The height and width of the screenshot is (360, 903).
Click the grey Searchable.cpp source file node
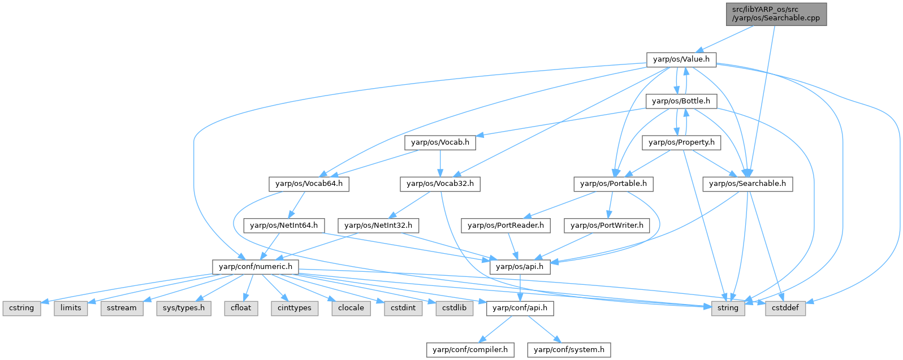[x=776, y=14]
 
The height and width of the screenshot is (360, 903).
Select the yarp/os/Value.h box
[x=681, y=59]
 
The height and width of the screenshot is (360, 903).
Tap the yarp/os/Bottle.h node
[x=681, y=101]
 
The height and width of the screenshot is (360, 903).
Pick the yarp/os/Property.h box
[x=681, y=142]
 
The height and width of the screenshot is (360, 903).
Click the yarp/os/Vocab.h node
[x=440, y=142]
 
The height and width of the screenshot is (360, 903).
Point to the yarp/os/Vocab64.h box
[x=309, y=184]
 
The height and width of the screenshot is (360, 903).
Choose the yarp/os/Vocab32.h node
[x=440, y=184]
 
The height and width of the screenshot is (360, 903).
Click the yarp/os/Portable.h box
[x=613, y=184]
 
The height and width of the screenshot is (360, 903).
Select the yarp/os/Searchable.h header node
[x=747, y=184]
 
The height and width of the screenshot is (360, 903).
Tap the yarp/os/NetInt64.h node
[x=284, y=225]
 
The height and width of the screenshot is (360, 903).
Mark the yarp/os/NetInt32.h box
[x=378, y=225]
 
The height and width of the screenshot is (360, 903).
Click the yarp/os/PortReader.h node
[x=505, y=225]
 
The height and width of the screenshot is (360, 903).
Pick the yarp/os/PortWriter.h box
[x=607, y=225]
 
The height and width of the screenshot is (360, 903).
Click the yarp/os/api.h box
[x=519, y=267]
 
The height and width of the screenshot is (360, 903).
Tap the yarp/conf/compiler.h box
[x=470, y=350]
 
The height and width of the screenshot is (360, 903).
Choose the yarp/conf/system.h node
[x=569, y=350]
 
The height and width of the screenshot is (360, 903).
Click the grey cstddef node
[x=785, y=308]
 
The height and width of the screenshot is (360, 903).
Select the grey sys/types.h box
[x=177, y=308]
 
